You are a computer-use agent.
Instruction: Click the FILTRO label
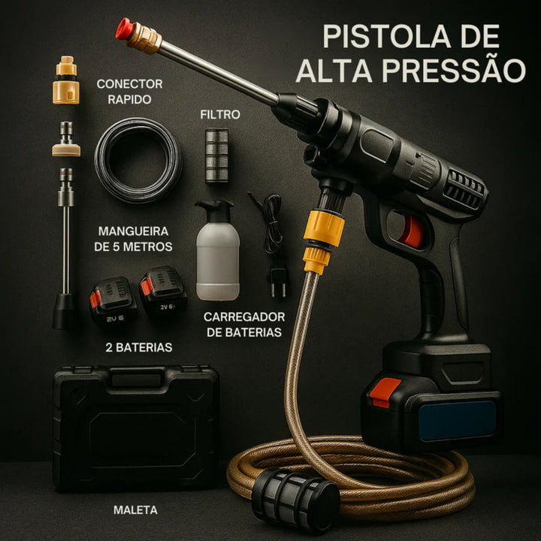[x=220, y=115]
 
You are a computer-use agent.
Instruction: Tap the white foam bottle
[x=217, y=252]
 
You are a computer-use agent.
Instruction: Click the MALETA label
[x=135, y=510]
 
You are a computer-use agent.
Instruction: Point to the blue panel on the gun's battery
[x=458, y=421]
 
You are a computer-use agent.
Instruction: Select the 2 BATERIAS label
[x=138, y=347]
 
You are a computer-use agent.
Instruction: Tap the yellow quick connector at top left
[x=66, y=83]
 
